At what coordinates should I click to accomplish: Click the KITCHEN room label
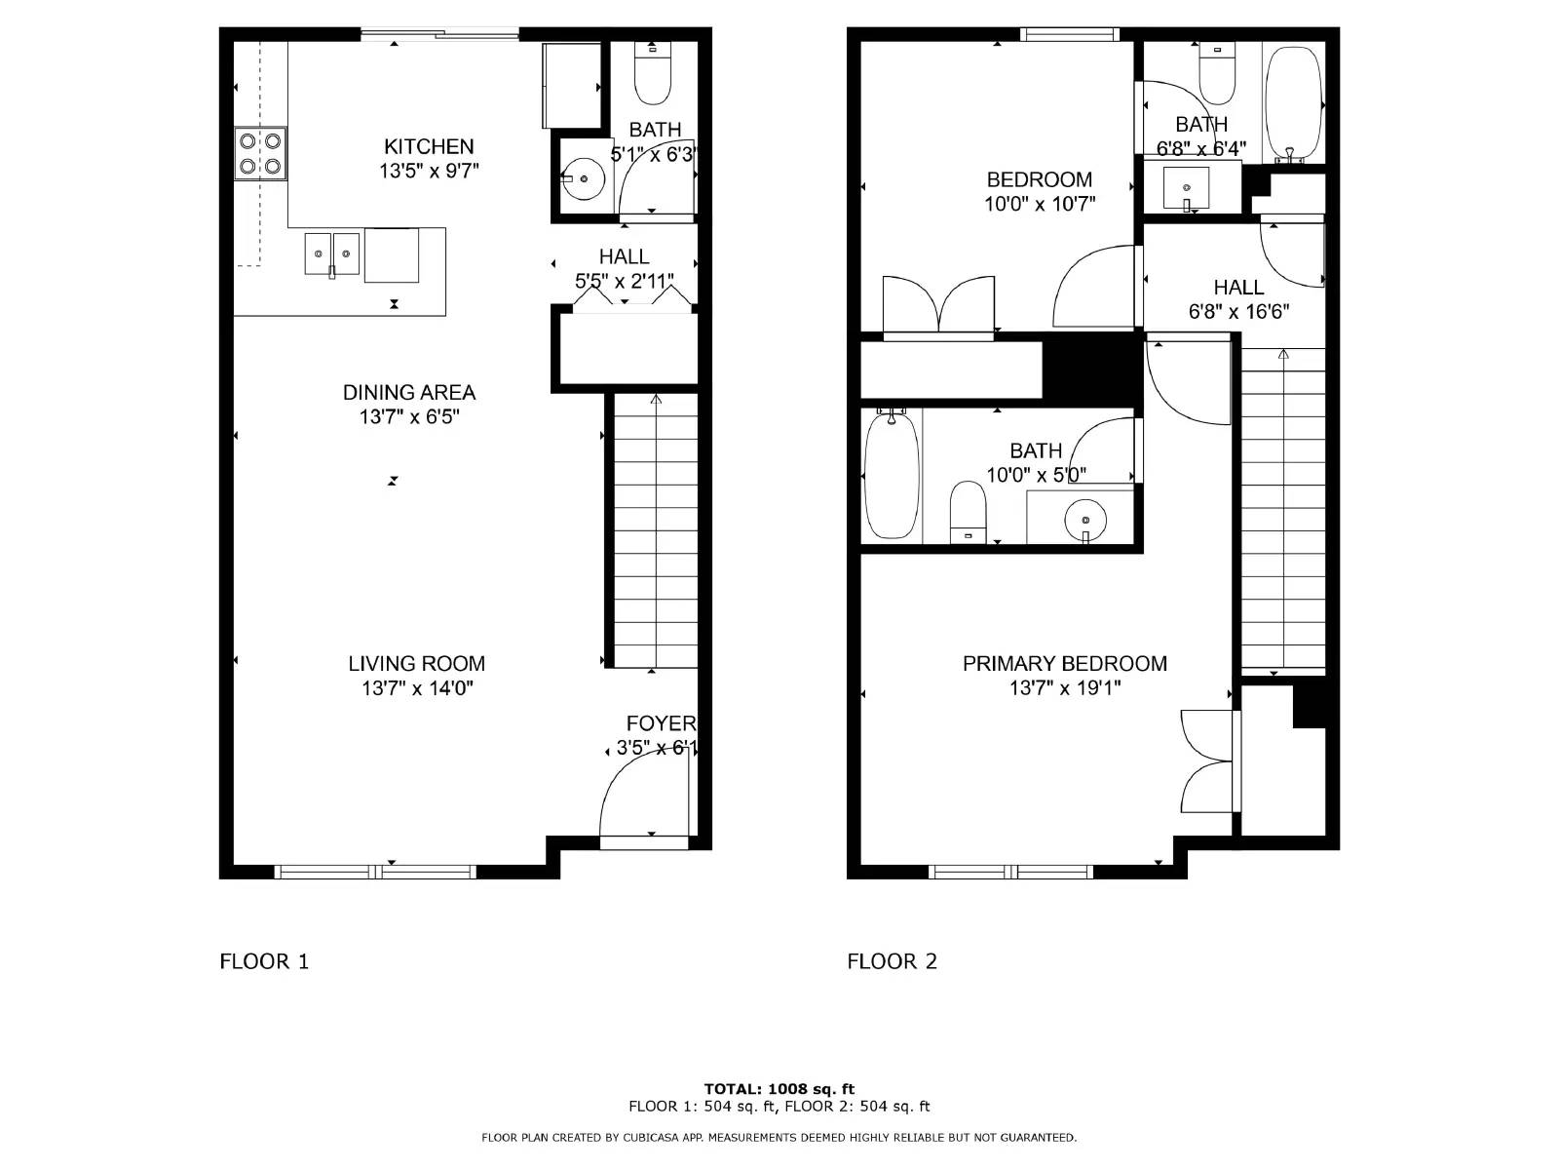[x=429, y=147]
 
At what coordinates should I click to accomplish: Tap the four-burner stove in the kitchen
[x=261, y=154]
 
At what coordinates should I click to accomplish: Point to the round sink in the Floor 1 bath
[x=584, y=179]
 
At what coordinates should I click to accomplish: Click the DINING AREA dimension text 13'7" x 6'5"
[x=408, y=417]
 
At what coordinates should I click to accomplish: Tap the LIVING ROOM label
[x=416, y=664]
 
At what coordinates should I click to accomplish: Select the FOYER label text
[x=661, y=723]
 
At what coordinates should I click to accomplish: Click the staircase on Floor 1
[x=655, y=531]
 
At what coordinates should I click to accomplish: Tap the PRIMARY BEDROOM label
[x=1064, y=664]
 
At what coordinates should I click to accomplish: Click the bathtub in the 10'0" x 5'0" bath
[x=892, y=475]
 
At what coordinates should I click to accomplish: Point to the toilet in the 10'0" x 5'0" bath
[x=969, y=511]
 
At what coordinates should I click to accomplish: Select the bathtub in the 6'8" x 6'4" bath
[x=1292, y=102]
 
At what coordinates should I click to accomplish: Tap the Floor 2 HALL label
[x=1238, y=288]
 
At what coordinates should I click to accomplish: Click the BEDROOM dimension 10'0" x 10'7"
[x=1039, y=205]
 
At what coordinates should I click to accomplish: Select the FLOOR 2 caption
[x=892, y=961]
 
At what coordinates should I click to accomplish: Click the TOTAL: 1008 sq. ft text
[x=779, y=1089]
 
